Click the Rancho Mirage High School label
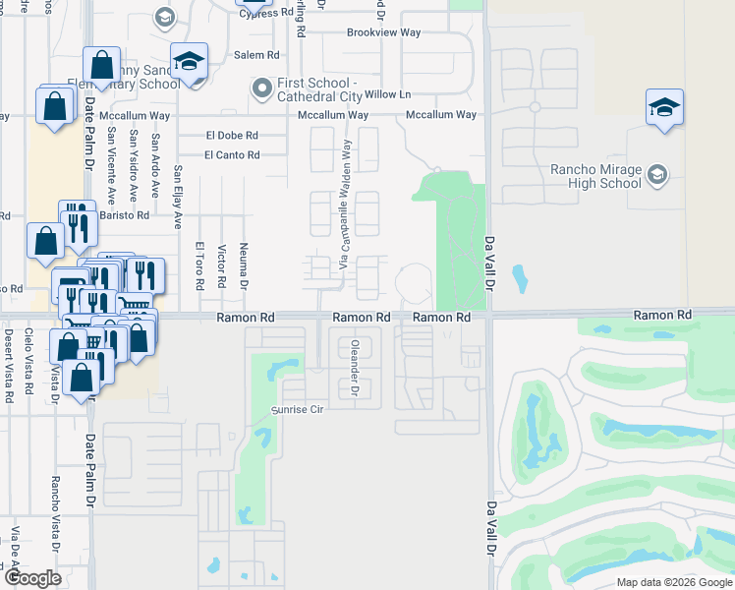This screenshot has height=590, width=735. [x=595, y=176]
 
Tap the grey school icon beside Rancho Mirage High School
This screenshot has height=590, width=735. [x=656, y=175]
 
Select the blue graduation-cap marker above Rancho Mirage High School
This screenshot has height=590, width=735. [x=664, y=107]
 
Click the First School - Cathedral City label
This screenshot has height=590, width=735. [x=320, y=89]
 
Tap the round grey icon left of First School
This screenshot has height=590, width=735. [x=261, y=89]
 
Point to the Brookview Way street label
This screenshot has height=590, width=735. [x=383, y=32]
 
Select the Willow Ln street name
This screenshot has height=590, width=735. [x=387, y=95]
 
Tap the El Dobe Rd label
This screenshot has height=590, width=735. [x=232, y=136]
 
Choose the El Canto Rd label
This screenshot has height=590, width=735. [x=232, y=155]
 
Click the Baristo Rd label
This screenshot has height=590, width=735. [x=129, y=214]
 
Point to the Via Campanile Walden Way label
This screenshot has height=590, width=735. [x=345, y=207]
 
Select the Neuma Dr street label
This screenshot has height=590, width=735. [x=243, y=263]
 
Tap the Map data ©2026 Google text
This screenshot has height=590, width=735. [x=673, y=582]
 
